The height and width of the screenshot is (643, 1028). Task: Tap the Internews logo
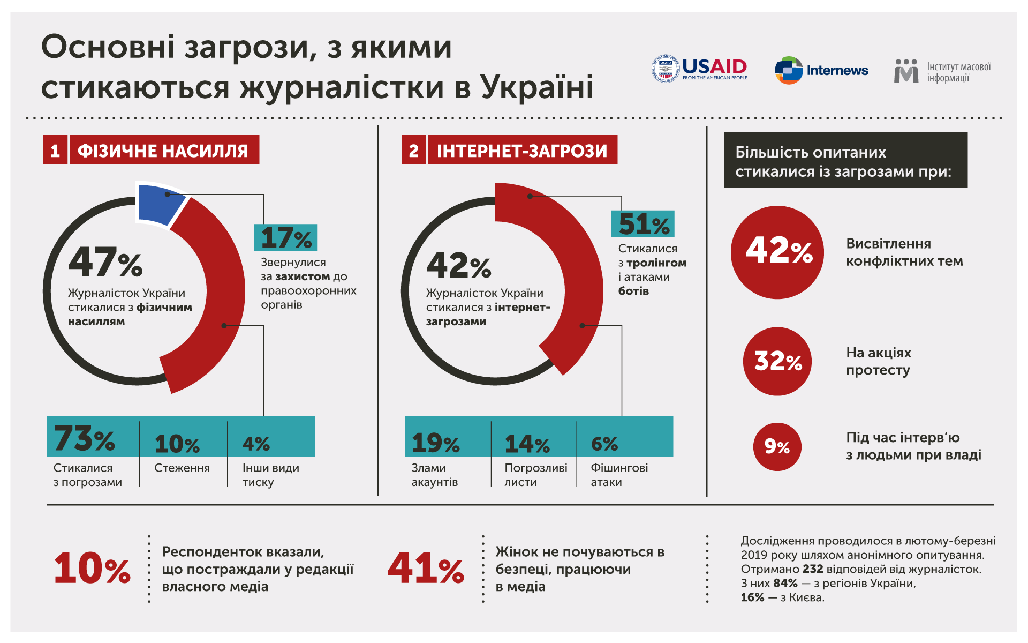tap(821, 70)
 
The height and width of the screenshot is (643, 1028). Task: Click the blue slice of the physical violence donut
tap(158, 205)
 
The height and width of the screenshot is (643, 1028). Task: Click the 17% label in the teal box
tap(285, 238)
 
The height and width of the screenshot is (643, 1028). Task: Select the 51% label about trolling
tap(643, 224)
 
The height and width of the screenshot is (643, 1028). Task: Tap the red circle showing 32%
tap(777, 361)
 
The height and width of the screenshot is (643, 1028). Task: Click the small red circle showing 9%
tap(777, 446)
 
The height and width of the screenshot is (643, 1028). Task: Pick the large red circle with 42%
tap(777, 252)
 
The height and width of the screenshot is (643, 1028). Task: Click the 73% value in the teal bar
tap(85, 439)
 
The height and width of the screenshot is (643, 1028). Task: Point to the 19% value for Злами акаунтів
tap(435, 443)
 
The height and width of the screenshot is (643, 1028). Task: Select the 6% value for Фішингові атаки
tap(604, 444)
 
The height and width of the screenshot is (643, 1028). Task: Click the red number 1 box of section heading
tap(55, 150)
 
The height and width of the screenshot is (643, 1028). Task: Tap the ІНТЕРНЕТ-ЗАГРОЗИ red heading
tap(522, 150)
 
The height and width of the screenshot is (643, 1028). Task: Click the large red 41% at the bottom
tap(426, 569)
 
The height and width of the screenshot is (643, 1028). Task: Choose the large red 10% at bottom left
tap(92, 569)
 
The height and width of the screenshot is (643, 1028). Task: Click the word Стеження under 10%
tap(182, 468)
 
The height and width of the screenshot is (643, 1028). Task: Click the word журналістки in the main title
tap(342, 87)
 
